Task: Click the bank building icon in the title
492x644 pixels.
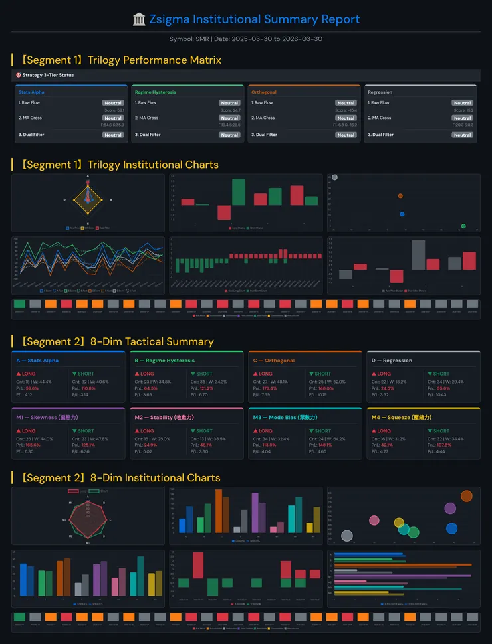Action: pyautogui.click(x=139, y=20)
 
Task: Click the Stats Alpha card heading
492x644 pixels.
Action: pyautogui.click(x=31, y=92)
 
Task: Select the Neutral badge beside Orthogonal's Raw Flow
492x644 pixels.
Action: pyautogui.click(x=346, y=103)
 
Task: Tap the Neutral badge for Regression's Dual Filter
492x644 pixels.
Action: pyautogui.click(x=462, y=135)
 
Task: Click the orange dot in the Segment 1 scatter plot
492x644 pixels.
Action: pyautogui.click(x=400, y=196)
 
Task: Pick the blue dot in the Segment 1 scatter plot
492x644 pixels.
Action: pyautogui.click(x=402, y=214)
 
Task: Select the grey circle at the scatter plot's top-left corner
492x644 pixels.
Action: pyautogui.click(x=334, y=177)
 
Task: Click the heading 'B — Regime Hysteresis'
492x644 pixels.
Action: pyautogui.click(x=164, y=361)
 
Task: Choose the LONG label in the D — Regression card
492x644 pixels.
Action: pyautogui.click(x=384, y=374)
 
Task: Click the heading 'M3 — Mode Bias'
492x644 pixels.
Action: pyautogui.click(x=285, y=418)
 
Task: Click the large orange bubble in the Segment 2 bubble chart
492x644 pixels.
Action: pyautogui.click(x=466, y=496)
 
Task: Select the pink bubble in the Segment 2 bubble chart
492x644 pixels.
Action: pyautogui.click(x=374, y=520)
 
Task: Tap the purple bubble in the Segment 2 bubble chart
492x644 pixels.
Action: pyautogui.click(x=450, y=509)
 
